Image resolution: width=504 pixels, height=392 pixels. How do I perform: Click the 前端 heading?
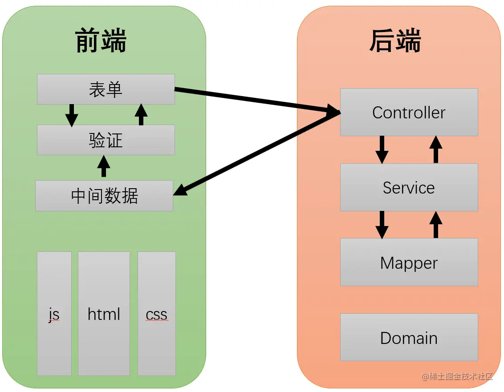click(101, 41)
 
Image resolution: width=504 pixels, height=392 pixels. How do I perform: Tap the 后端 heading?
click(395, 41)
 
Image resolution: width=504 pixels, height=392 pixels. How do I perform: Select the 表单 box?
click(106, 89)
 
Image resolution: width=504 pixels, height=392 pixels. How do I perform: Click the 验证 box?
click(106, 140)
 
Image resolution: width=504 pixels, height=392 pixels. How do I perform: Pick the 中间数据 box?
click(104, 196)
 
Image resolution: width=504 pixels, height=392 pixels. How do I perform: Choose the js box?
click(54, 314)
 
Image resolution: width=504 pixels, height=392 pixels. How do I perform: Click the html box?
click(104, 314)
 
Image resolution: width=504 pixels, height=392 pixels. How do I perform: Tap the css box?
click(156, 314)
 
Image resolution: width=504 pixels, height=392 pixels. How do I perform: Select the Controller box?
click(409, 112)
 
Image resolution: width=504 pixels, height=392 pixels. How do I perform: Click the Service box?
click(409, 187)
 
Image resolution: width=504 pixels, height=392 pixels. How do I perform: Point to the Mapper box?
click(409, 263)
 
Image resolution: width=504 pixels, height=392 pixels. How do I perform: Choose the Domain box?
click(409, 337)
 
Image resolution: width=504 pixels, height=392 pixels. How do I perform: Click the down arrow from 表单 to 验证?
click(71, 115)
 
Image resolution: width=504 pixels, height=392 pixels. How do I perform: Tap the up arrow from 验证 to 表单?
click(141, 114)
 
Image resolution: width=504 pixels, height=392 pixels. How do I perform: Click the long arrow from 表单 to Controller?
click(254, 100)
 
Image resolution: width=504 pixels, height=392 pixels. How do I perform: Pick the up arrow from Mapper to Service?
click(436, 225)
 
